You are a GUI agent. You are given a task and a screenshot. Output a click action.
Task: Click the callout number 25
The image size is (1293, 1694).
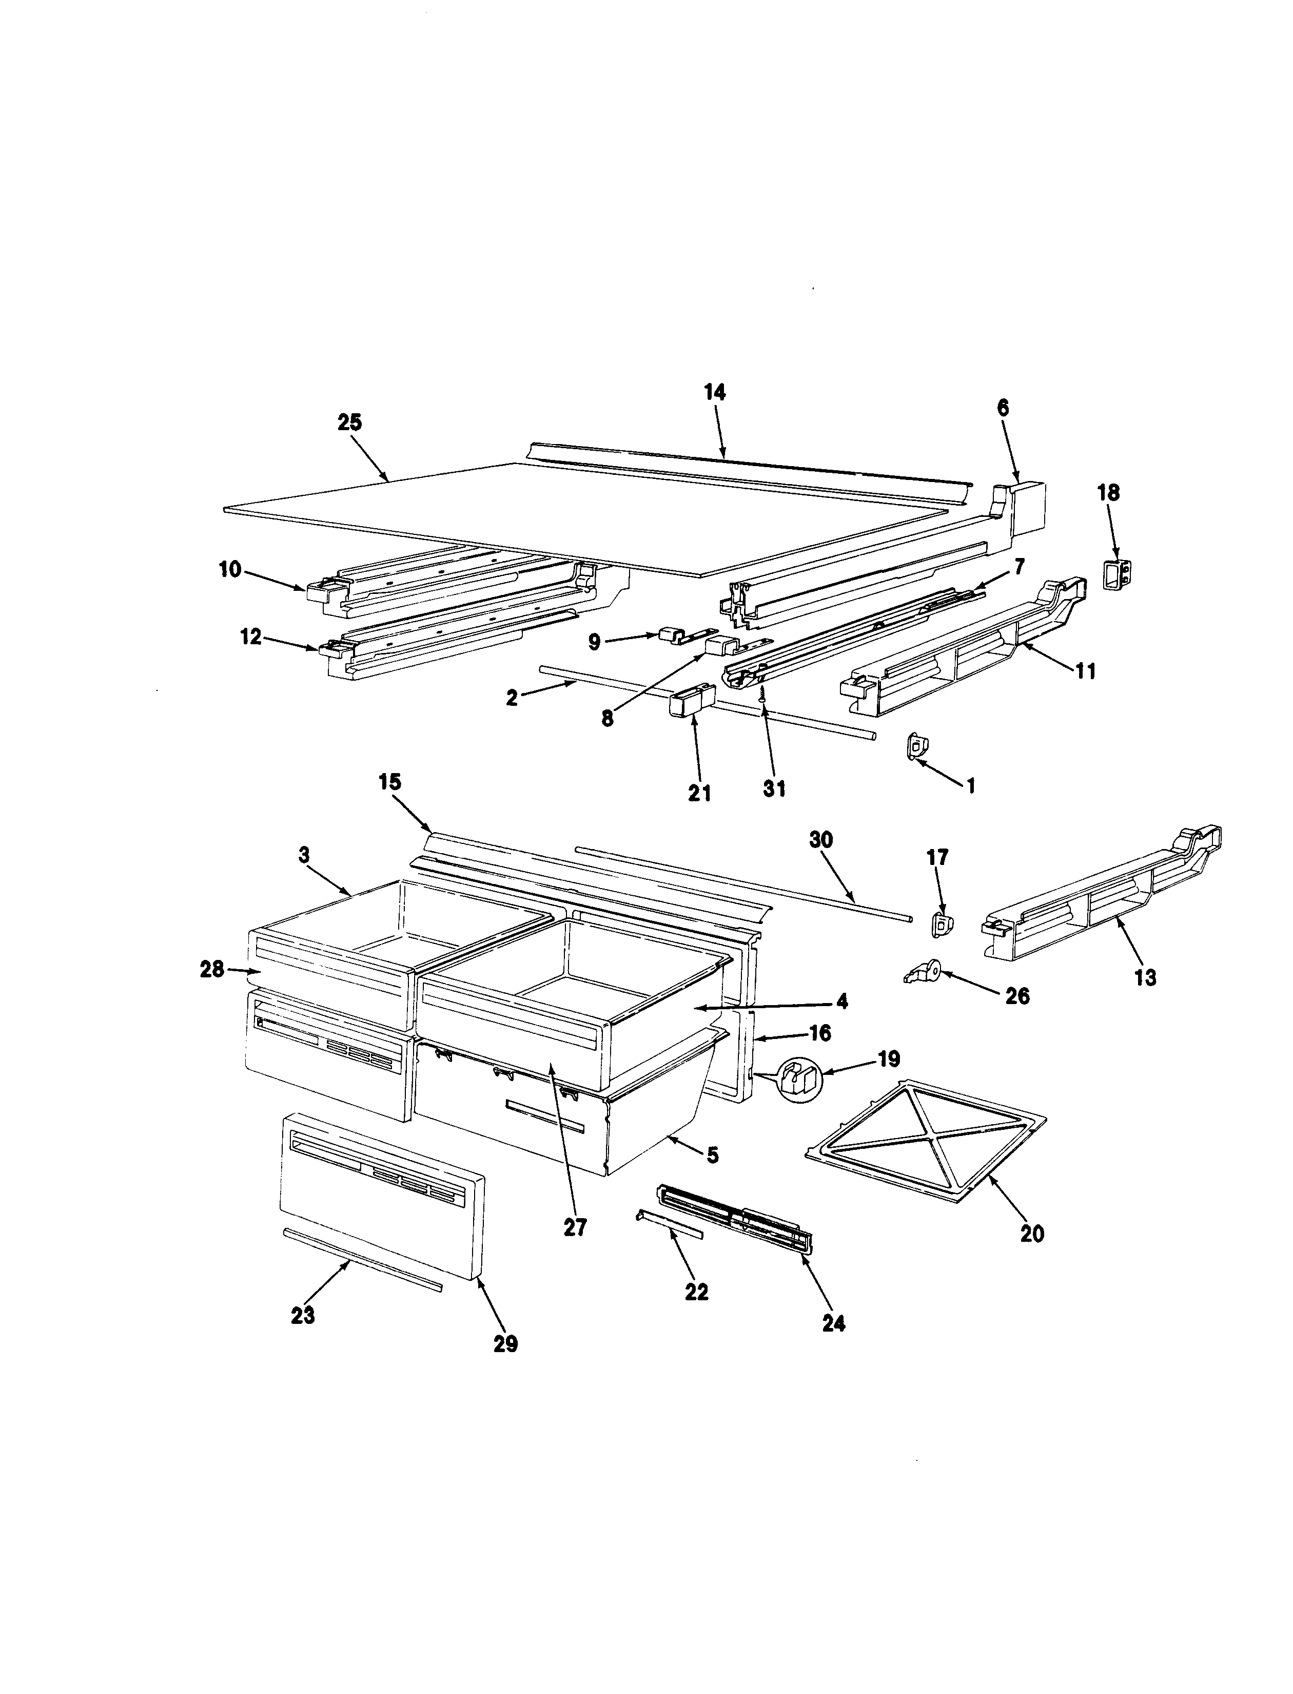349,423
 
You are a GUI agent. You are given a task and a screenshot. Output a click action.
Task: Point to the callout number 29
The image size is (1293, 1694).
506,1344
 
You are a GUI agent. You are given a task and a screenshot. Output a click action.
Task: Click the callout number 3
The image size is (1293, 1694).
305,855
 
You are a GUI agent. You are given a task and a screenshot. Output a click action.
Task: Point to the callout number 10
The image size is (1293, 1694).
230,570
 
